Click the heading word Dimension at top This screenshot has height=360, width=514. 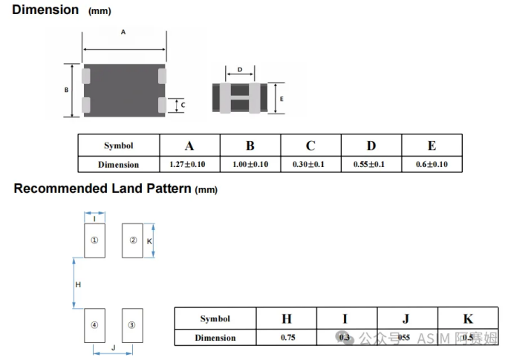pos(45,10)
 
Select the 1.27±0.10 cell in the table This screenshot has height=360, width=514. pos(189,164)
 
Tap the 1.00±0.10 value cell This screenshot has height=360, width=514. pos(250,164)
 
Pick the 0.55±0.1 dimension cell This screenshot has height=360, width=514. pos(371,164)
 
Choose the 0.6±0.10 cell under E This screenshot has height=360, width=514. pos(432,164)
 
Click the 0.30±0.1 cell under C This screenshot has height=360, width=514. pos(310,164)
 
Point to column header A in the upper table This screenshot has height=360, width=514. pos(189,145)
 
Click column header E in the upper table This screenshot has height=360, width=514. pos(432,145)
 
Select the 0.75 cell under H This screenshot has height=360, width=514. pos(287,338)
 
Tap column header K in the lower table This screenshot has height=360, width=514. pos(468,319)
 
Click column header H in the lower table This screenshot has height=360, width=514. pos(287,319)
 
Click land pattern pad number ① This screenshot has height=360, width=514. pos(94,240)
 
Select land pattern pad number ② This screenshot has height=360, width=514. pos(133,240)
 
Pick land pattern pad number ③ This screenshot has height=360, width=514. pos(131,325)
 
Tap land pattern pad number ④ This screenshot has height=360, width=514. pos(94,325)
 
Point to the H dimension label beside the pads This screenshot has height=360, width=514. pos(78,284)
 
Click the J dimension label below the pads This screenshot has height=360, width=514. pos(113,347)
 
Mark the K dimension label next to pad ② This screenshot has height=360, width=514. pos(149,242)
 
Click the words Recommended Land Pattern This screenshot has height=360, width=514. pos(103,189)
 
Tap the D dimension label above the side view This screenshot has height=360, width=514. pos(239,71)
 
